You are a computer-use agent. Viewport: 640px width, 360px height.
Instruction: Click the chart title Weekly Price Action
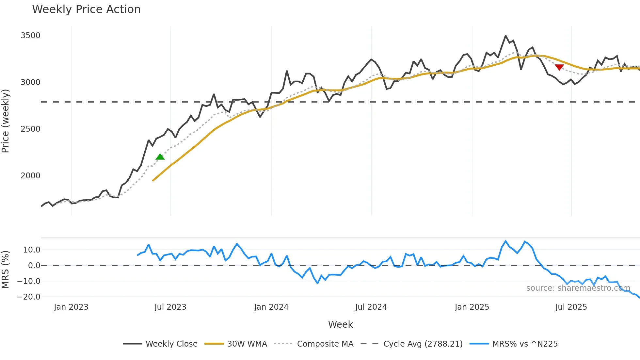coord(86,9)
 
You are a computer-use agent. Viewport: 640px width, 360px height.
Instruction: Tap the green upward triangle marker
coord(160,157)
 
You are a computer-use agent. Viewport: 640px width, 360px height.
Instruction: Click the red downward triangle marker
coord(559,67)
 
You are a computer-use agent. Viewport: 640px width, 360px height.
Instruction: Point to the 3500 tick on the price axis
coord(30,36)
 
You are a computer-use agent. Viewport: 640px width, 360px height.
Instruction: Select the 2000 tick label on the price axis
coord(30,176)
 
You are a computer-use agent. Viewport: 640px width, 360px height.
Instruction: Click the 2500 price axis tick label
coord(30,129)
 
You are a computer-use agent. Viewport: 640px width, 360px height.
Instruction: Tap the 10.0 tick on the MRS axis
coord(32,250)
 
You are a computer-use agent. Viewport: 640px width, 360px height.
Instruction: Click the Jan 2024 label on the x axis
coord(271,307)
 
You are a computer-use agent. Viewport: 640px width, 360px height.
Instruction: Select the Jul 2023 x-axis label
coord(170,307)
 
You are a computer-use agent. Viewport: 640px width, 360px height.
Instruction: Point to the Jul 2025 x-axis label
coord(571,307)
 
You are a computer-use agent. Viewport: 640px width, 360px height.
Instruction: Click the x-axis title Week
coord(340,324)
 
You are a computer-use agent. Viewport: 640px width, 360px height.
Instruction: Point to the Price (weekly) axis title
coord(6,121)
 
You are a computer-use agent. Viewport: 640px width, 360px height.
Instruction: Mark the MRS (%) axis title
coord(6,270)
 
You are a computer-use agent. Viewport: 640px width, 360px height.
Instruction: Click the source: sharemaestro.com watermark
coord(578,288)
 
